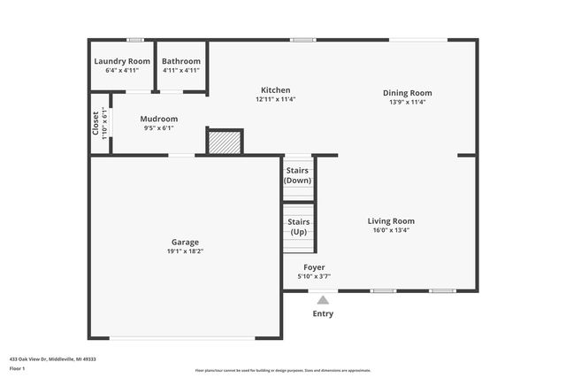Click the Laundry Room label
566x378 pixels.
[x=122, y=61]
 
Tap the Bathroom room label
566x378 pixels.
[x=181, y=61]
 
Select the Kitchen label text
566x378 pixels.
[x=275, y=90]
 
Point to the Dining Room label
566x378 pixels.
[x=407, y=93]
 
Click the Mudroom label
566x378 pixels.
[x=159, y=119]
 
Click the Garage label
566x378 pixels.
[x=185, y=242]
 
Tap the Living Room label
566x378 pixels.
[x=391, y=221]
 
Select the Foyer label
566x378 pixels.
[x=314, y=267]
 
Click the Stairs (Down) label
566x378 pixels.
[x=298, y=175]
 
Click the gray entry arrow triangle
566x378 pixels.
[x=323, y=300]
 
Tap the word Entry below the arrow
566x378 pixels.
[x=323, y=313]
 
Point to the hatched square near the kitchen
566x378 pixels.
[x=225, y=143]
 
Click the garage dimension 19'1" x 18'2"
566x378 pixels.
[x=185, y=251]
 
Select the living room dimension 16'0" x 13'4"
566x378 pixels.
[x=391, y=230]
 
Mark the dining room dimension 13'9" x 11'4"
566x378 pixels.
[x=407, y=102]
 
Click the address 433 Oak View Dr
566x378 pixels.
[x=52, y=359]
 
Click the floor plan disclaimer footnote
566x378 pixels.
[x=282, y=371]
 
